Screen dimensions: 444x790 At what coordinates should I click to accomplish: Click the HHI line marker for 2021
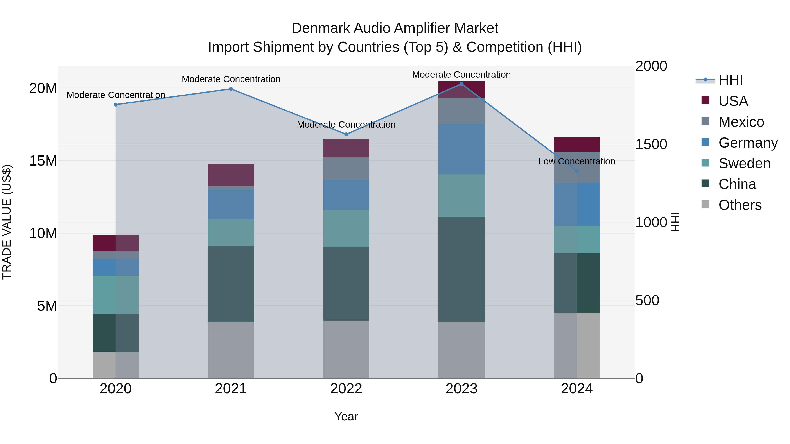point(231,89)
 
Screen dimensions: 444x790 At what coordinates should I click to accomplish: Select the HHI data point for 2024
point(576,171)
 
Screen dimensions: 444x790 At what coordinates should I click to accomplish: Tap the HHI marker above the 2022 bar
point(346,134)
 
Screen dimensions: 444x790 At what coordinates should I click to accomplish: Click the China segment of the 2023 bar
point(461,269)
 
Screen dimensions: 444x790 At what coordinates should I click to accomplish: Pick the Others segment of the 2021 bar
point(231,350)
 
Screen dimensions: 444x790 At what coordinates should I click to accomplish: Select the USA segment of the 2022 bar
point(346,148)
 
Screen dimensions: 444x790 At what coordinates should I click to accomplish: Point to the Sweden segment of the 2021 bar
point(231,233)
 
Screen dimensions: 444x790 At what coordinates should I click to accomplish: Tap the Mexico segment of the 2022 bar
point(346,169)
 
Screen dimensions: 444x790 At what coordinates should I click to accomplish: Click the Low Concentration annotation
point(576,161)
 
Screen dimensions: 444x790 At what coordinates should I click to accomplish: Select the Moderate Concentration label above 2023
point(461,75)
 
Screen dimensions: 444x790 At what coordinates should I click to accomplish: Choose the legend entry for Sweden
point(744,163)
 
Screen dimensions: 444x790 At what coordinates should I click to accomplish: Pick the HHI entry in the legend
point(731,80)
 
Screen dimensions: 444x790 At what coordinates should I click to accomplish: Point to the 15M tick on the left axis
point(43,160)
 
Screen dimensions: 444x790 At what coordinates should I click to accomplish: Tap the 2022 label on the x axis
point(346,389)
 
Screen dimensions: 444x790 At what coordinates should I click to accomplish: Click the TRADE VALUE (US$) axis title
point(7,222)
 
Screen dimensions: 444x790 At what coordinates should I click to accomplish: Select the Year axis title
point(346,416)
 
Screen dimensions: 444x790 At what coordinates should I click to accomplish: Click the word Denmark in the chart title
point(320,28)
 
